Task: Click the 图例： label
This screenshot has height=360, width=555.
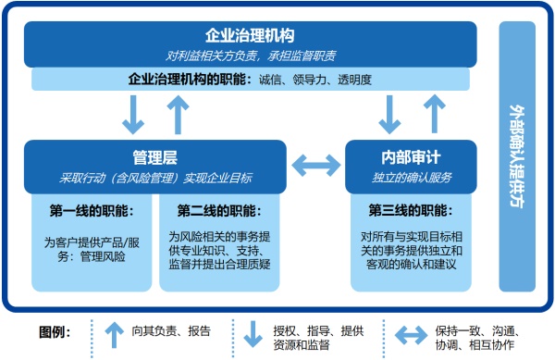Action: (55, 331)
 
